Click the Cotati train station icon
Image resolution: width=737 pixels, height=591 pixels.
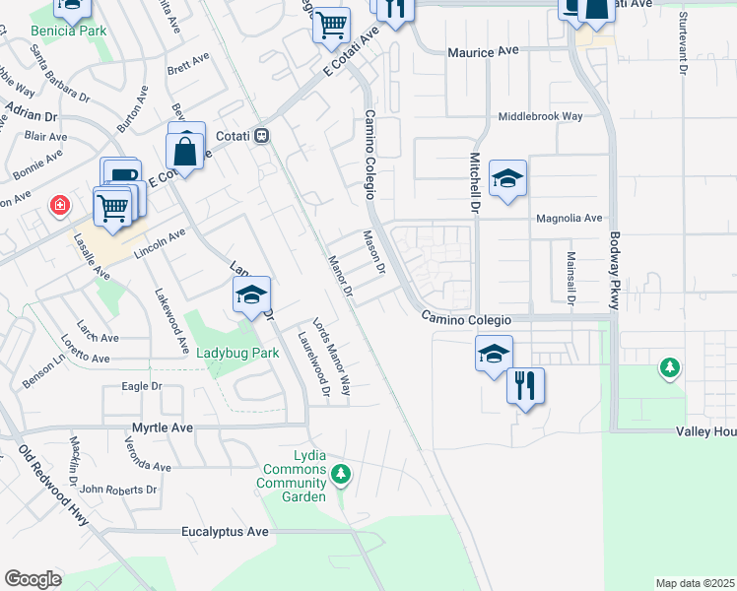[x=261, y=135]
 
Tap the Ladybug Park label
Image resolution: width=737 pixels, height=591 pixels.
[x=237, y=353]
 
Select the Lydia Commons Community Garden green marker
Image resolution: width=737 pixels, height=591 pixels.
[x=341, y=476]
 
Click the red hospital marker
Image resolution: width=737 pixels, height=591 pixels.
[x=61, y=206]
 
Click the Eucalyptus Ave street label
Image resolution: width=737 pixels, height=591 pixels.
[x=225, y=532]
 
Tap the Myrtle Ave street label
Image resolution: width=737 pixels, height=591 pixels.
[x=163, y=428]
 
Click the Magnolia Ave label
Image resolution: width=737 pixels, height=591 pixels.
[x=568, y=218]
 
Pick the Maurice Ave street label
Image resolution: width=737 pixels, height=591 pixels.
[x=483, y=50]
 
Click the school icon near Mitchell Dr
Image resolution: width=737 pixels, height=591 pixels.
[x=507, y=178]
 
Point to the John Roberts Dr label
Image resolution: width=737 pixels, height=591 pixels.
[x=118, y=489]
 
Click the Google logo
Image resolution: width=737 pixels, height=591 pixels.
[x=33, y=579]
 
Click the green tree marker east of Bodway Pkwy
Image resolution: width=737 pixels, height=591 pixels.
[x=669, y=367]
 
